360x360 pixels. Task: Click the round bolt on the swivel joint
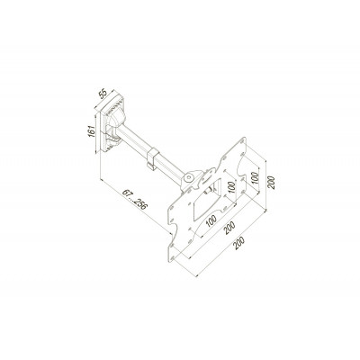click(185, 180)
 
